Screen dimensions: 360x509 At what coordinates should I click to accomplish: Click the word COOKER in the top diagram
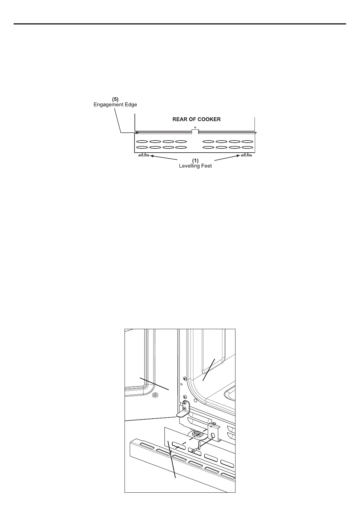[x=209, y=119]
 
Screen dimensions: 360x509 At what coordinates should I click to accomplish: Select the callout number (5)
[x=116, y=99]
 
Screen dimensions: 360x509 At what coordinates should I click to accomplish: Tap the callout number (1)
[x=195, y=161]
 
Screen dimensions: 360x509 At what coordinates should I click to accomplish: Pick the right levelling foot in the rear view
[x=246, y=155]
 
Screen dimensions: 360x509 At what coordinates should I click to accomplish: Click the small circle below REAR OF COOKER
[x=195, y=127]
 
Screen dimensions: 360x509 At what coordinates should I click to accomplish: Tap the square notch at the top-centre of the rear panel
[x=195, y=131]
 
